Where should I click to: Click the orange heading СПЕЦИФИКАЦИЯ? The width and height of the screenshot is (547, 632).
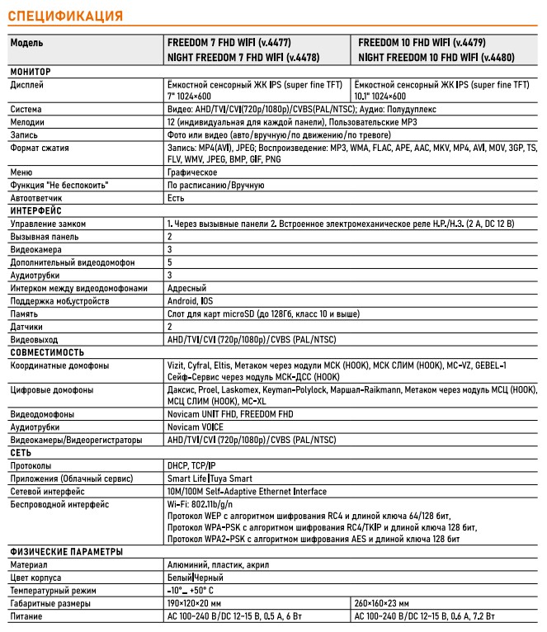pos(64,16)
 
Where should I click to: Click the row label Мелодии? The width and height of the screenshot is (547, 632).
pos(27,121)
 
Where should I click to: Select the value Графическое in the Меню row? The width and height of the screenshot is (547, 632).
pos(191,172)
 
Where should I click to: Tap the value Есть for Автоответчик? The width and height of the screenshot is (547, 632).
pos(176,198)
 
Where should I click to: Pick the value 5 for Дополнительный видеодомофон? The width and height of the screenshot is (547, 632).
pos(170,262)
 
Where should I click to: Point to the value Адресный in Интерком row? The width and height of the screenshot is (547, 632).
pos(186,288)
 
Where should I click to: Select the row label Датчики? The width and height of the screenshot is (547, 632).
pos(27,327)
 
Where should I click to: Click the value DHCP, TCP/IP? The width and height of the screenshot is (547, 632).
pos(191,466)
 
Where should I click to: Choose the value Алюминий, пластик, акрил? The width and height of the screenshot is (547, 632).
pos(218,565)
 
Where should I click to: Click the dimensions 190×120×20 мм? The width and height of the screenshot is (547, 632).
pos(202,603)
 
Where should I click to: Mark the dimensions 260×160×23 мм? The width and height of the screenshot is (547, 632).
pos(388,603)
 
